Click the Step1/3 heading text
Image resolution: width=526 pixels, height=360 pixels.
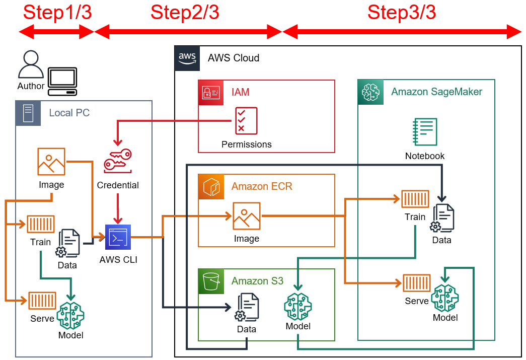pyautogui.click(x=57, y=13)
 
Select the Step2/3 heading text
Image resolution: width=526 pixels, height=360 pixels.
pyautogui.click(x=185, y=13)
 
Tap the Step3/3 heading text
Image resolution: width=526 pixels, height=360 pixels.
pyautogui.click(x=401, y=13)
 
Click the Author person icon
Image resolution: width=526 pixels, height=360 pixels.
pyautogui.click(x=31, y=64)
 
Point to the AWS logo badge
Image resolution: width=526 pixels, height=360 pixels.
pyautogui.click(x=187, y=58)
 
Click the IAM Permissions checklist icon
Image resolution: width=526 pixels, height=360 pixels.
pyautogui.click(x=246, y=121)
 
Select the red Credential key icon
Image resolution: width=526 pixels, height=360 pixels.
pyautogui.click(x=118, y=161)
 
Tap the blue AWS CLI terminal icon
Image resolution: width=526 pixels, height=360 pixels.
pyautogui.click(x=118, y=237)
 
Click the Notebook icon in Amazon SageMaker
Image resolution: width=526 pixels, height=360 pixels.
pyautogui.click(x=425, y=132)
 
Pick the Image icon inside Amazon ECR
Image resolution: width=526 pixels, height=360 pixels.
pyautogui.click(x=247, y=216)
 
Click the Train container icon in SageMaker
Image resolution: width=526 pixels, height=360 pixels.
pyautogui.click(x=415, y=199)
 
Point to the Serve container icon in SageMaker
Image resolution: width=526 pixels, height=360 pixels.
pyautogui.click(x=417, y=283)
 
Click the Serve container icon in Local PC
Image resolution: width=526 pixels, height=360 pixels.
pyautogui.click(x=42, y=300)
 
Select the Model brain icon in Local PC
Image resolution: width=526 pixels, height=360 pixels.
pyautogui.click(x=70, y=316)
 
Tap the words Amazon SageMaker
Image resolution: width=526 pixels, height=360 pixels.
pyautogui.click(x=436, y=92)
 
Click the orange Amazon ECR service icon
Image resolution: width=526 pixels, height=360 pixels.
pyautogui.click(x=210, y=186)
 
